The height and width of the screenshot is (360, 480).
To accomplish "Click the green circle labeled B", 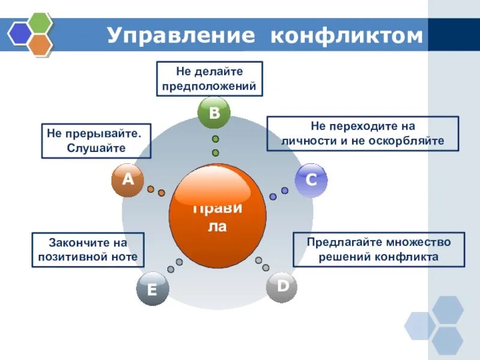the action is pyautogui.click(x=214, y=113).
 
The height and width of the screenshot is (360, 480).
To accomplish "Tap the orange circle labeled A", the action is pyautogui.click(x=127, y=180).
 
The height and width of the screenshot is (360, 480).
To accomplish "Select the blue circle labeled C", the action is pyautogui.click(x=311, y=180).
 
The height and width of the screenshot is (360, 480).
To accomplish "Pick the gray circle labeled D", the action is pyautogui.click(x=282, y=287).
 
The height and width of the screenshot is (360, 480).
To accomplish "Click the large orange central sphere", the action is pyautogui.click(x=217, y=217).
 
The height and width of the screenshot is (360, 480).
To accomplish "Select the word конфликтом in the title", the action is pyautogui.click(x=347, y=35).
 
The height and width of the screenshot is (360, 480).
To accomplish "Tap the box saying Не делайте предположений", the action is pyautogui.click(x=209, y=79).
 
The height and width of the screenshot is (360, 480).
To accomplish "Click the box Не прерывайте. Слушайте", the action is pyautogui.click(x=95, y=141).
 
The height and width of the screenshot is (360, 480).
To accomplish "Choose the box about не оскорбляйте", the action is pyautogui.click(x=362, y=134).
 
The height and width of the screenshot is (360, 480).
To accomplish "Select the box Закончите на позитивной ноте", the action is pyautogui.click(x=88, y=250).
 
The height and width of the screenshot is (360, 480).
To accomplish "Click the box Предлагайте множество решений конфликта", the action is pyautogui.click(x=379, y=250).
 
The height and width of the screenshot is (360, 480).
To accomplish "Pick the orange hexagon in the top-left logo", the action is pyautogui.click(x=40, y=44).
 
